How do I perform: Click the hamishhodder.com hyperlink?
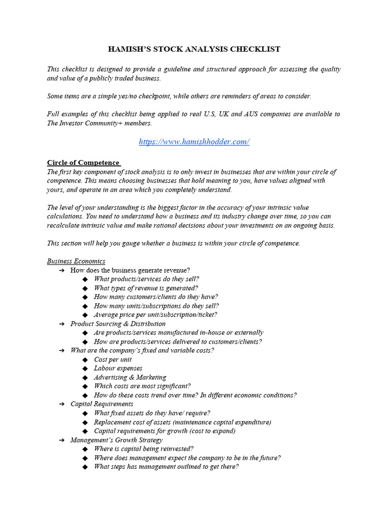coord(194,142)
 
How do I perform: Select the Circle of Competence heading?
coord(83,163)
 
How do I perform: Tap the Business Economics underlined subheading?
coord(76,261)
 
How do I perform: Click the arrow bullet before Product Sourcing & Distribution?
coord(61,324)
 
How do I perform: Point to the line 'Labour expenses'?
coord(118,368)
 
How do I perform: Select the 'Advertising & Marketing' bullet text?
coord(130,377)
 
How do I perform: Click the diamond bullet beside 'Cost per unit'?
coord(85,359)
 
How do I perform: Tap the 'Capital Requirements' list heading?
coord(102,404)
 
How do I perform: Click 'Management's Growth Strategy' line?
coord(116,440)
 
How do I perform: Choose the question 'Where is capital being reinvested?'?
coord(144,449)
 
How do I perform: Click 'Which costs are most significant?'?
coord(142,386)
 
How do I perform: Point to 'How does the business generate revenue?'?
coord(130,270)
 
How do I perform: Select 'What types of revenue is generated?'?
coord(146,288)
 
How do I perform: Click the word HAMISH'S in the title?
coord(129,49)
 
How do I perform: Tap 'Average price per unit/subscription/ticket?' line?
coord(155,315)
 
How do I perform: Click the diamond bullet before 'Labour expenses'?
coord(85,368)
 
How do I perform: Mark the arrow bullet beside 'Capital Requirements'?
coord(61,404)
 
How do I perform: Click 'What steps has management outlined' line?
coord(166,467)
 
